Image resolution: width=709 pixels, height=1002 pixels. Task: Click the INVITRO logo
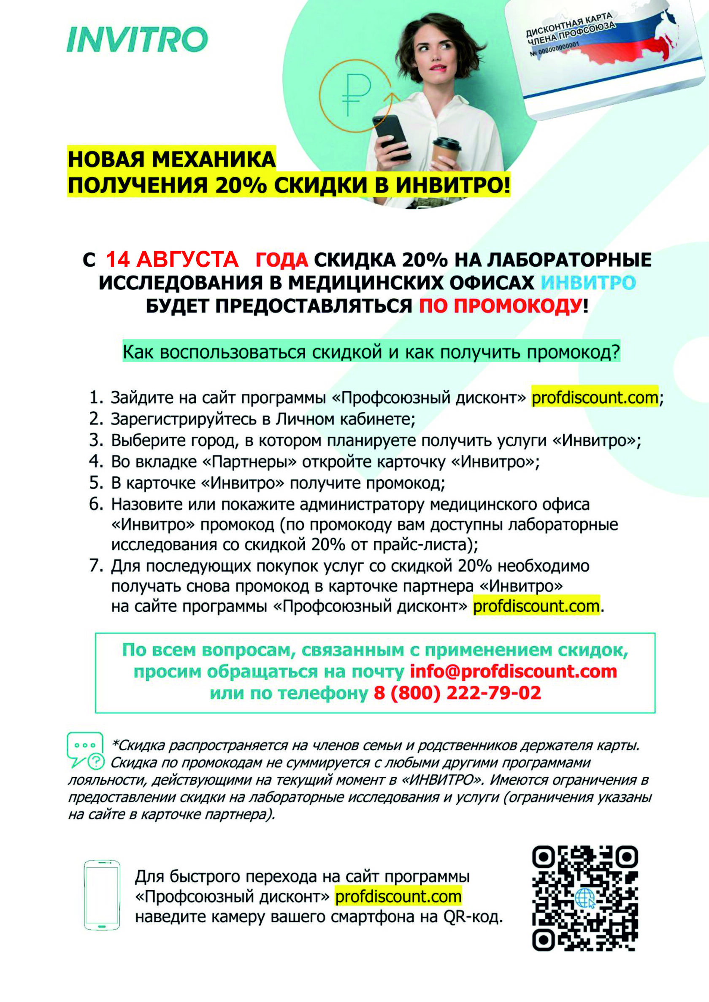(x=137, y=40)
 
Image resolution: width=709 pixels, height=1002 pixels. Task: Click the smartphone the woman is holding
(x=392, y=136)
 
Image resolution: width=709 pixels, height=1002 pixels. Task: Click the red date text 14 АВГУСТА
(x=172, y=259)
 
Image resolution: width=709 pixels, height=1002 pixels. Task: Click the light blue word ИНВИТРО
(x=587, y=283)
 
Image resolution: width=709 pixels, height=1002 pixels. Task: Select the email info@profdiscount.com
(x=513, y=671)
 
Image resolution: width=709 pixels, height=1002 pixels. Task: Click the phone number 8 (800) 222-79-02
(x=457, y=693)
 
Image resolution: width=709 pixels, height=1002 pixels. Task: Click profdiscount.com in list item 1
(x=594, y=397)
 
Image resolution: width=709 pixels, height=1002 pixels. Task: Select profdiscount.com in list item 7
(x=536, y=606)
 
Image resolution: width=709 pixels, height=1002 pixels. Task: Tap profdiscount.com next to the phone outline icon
(x=398, y=897)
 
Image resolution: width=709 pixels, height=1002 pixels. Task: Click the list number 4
(x=95, y=461)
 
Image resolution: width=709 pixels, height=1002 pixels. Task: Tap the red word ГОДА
(x=281, y=260)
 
